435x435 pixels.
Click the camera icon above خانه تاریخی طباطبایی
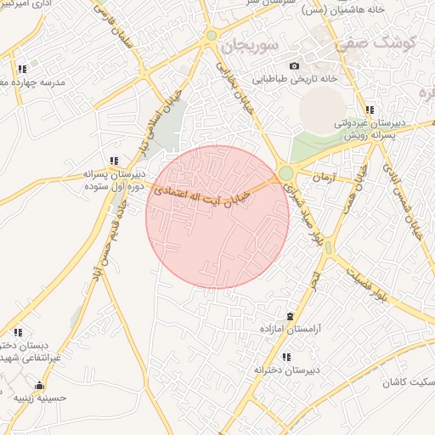coord(294,65)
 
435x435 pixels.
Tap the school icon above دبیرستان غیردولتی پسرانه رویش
coord(370,110)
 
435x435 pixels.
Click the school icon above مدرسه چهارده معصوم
coord(22,69)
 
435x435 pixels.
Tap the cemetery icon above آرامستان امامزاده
coord(291,316)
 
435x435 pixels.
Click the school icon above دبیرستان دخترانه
coord(286,357)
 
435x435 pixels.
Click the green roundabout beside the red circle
coord(286,173)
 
